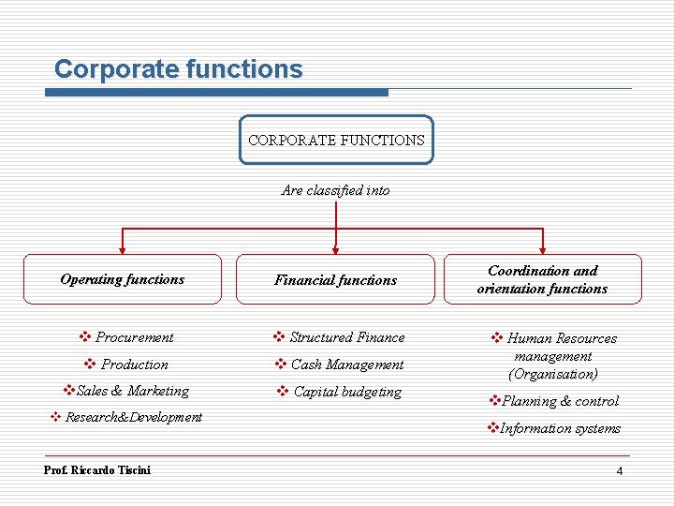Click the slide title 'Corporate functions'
coord(179,69)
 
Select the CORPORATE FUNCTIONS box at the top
coord(336,140)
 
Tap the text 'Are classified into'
coord(335,190)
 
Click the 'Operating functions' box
coord(123,279)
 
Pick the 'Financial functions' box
coord(335,279)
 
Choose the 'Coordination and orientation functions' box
coord(542,279)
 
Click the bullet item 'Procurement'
coord(134,337)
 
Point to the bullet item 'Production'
coord(134,365)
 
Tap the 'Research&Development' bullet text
coord(133,417)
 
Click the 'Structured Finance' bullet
coord(346,337)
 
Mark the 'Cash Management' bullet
coord(346,365)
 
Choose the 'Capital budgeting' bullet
coord(346,392)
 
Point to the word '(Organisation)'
coord(552,374)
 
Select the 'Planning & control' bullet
coord(560,401)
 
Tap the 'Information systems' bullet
coord(560,428)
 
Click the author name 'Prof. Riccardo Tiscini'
coord(97,469)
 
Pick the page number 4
coord(619,470)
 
